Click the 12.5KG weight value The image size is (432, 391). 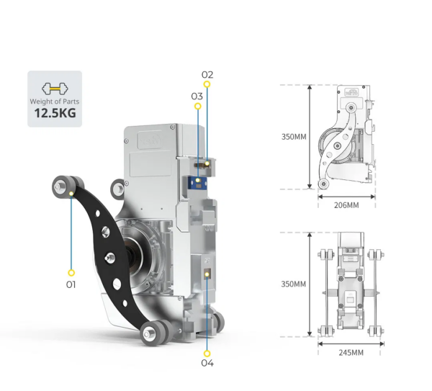55,113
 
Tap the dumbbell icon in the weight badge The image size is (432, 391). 55,89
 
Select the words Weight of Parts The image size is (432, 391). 55,102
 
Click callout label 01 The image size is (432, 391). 71,284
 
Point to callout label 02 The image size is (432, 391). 207,75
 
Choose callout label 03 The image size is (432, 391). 197,96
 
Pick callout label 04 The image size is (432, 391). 207,364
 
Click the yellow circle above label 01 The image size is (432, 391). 71,273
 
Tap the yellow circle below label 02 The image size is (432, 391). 207,85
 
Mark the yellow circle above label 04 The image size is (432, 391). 207,353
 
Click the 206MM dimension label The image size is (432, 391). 347,205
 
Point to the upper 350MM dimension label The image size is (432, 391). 293,137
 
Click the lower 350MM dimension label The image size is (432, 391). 293,284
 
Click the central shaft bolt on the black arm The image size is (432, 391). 109,257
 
